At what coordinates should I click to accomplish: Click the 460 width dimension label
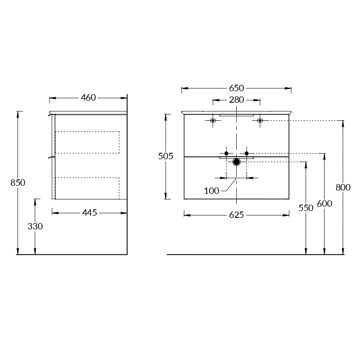[88, 98]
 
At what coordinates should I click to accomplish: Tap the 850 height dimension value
[18, 183]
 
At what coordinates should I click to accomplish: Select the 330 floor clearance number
[35, 226]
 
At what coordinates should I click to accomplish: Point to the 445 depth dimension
[89, 213]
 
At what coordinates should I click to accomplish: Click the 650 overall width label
[236, 88]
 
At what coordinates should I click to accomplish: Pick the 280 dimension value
[236, 100]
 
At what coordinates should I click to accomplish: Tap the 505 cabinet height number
[166, 156]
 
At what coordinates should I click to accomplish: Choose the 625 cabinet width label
[236, 215]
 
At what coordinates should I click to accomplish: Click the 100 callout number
[212, 191]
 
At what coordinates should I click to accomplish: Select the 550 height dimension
[306, 208]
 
